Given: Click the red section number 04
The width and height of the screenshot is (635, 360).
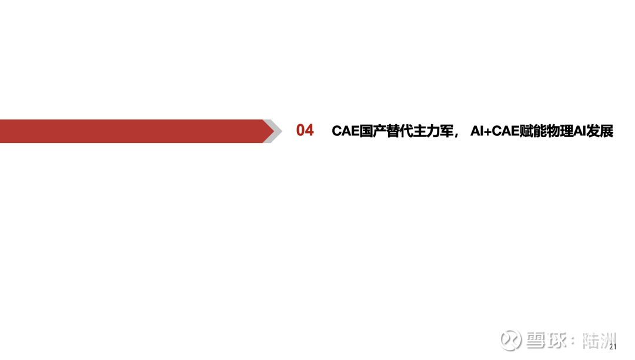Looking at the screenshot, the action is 305,131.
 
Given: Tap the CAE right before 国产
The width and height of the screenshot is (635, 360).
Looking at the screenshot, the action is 346,131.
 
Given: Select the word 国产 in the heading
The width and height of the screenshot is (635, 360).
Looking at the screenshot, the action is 373,131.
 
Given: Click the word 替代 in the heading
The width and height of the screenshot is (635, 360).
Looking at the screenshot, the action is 399,131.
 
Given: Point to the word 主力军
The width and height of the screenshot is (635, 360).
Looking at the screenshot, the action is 433,131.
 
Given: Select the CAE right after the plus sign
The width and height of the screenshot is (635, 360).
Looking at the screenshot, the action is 506,131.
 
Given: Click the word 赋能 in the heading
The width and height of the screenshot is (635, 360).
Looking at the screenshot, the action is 533,131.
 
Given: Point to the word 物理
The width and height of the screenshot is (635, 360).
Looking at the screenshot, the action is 559,131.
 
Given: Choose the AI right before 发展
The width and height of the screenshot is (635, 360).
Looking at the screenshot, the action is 580,131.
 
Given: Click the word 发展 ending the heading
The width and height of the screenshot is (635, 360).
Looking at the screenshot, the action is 600,131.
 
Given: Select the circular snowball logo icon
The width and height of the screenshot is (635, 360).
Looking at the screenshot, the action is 511,340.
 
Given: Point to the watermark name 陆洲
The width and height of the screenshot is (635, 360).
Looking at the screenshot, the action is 599,341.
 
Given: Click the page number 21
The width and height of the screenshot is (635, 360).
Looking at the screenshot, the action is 613,346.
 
